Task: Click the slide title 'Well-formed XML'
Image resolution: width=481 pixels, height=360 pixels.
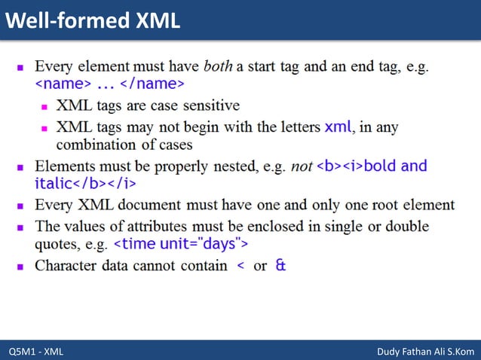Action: point(93,20)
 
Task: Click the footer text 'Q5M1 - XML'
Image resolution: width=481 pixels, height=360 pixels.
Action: point(35,352)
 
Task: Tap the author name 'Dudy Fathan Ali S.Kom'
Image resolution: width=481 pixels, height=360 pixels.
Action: point(425,352)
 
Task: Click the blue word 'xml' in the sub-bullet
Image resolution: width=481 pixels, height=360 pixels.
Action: point(338,127)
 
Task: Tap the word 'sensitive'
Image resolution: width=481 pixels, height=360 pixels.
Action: point(210,105)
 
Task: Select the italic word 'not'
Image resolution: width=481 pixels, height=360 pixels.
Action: point(302,166)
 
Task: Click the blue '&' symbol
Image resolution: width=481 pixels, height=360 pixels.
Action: point(280,266)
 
